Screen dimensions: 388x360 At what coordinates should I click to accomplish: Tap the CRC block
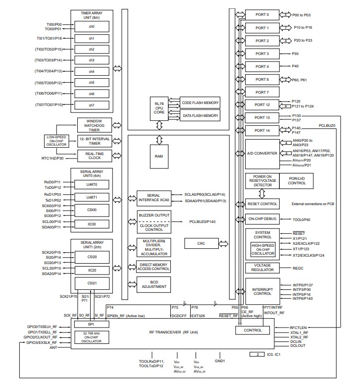pos(201,243)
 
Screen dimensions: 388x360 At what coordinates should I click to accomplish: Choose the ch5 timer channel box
pos(92,82)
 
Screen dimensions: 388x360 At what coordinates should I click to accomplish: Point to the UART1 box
pos(92,197)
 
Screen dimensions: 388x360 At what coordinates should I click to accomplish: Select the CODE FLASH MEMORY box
pos(200,103)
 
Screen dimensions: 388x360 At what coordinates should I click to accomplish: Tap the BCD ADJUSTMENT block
pos(154,284)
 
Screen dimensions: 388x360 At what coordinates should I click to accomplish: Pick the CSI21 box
pos(92,283)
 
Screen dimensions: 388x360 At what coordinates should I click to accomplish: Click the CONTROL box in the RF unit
pos(253,330)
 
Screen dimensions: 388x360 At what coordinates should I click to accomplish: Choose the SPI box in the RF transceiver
pos(92,324)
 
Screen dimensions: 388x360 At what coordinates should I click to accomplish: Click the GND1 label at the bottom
pos(220,361)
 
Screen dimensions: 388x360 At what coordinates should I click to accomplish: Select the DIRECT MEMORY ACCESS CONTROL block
pos(154,266)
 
